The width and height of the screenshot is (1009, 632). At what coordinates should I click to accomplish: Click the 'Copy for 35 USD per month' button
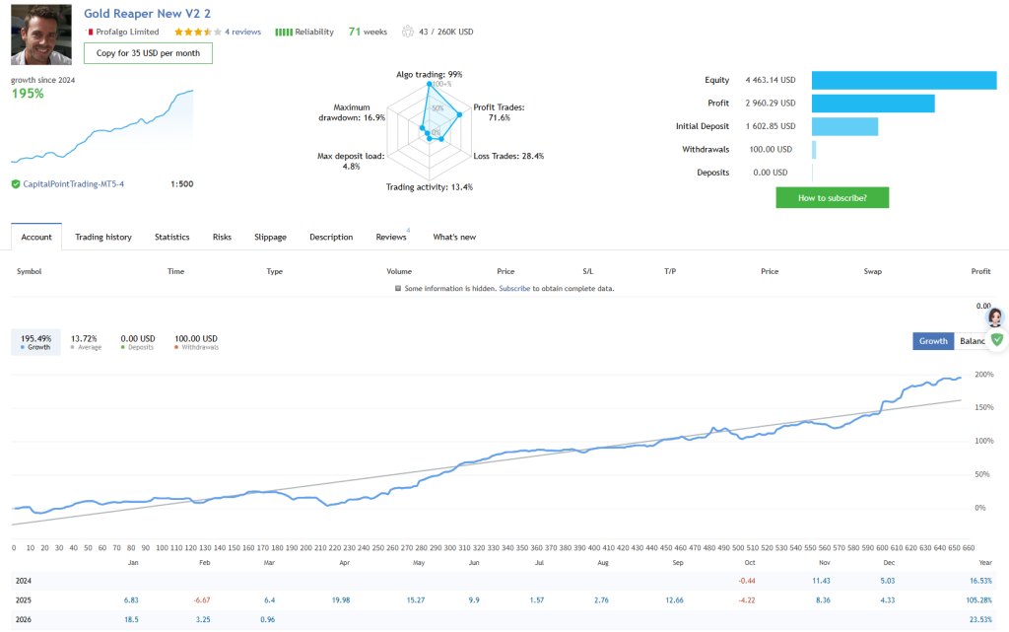[x=148, y=53]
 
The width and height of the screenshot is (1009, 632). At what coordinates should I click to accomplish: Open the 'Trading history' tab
[x=103, y=237]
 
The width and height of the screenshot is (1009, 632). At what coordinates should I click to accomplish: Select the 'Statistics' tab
[x=171, y=237]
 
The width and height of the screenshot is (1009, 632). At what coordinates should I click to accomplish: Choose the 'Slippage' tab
[x=270, y=237]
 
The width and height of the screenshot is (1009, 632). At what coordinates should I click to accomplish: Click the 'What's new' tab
[x=454, y=237]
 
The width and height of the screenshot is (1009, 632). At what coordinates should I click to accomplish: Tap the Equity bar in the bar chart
[x=904, y=80]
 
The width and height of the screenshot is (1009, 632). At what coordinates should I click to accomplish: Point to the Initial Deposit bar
[x=844, y=126]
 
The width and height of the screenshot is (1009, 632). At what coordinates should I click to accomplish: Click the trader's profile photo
[x=40, y=34]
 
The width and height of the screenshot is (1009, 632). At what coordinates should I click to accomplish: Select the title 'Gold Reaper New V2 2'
[x=147, y=13]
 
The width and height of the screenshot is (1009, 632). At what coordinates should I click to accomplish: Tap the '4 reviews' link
[x=242, y=32]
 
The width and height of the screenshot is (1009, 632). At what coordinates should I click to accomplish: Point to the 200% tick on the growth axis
[x=983, y=375]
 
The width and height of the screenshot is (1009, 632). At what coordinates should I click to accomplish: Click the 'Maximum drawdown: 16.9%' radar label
[x=352, y=112]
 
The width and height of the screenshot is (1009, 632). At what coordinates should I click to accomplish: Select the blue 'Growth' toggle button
[x=933, y=341]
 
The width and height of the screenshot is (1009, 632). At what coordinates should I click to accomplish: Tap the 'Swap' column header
[x=872, y=270]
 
